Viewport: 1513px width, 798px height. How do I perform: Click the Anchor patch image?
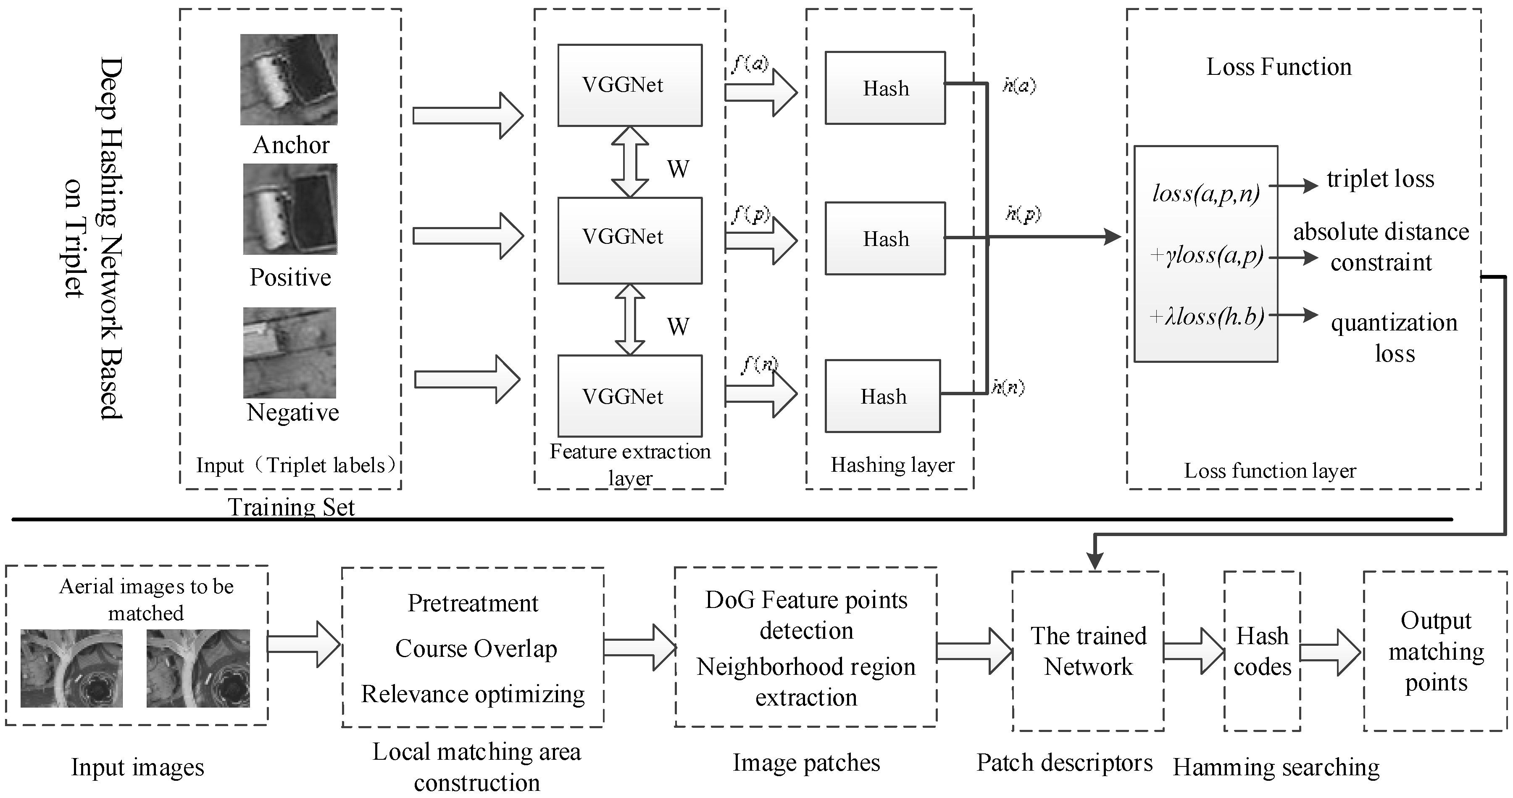[x=288, y=79]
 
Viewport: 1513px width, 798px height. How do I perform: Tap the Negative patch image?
[x=289, y=353]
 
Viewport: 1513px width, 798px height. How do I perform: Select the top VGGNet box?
[x=630, y=85]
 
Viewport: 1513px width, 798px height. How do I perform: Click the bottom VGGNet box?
[x=630, y=396]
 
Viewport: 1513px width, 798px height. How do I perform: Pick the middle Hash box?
[x=885, y=238]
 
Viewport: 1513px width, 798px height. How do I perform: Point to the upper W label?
[x=678, y=169]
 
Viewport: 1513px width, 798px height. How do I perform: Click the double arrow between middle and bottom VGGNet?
[x=630, y=320]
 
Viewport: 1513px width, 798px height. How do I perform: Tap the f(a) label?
[x=750, y=63]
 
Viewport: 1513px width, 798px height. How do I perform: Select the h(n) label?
[x=1008, y=387]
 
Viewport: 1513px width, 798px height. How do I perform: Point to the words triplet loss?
[x=1380, y=179]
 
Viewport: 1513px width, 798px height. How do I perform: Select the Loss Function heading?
[x=1279, y=67]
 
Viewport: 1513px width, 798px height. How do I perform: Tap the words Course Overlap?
[x=476, y=649]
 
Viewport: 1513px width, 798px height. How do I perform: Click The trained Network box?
[x=1088, y=651]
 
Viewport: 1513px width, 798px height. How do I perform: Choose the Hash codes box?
[x=1262, y=651]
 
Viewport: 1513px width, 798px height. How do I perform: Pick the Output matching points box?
[x=1435, y=651]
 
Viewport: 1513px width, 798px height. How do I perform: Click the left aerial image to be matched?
[x=72, y=668]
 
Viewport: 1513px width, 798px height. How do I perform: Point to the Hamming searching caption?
[x=1276, y=767]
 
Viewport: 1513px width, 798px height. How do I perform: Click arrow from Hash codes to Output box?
[x=1330, y=652]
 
